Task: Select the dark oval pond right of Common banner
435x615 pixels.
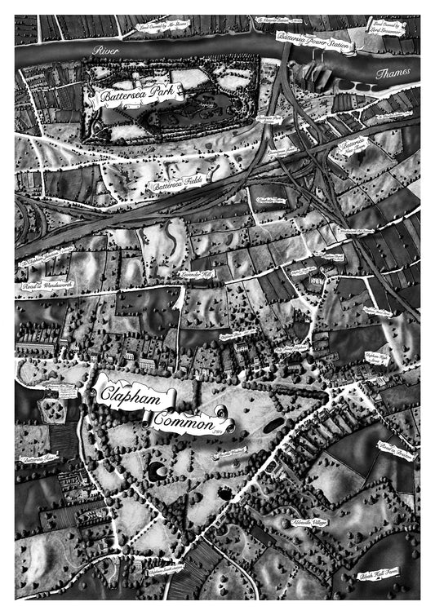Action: [273, 424]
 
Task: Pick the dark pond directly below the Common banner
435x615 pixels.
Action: [155, 471]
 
